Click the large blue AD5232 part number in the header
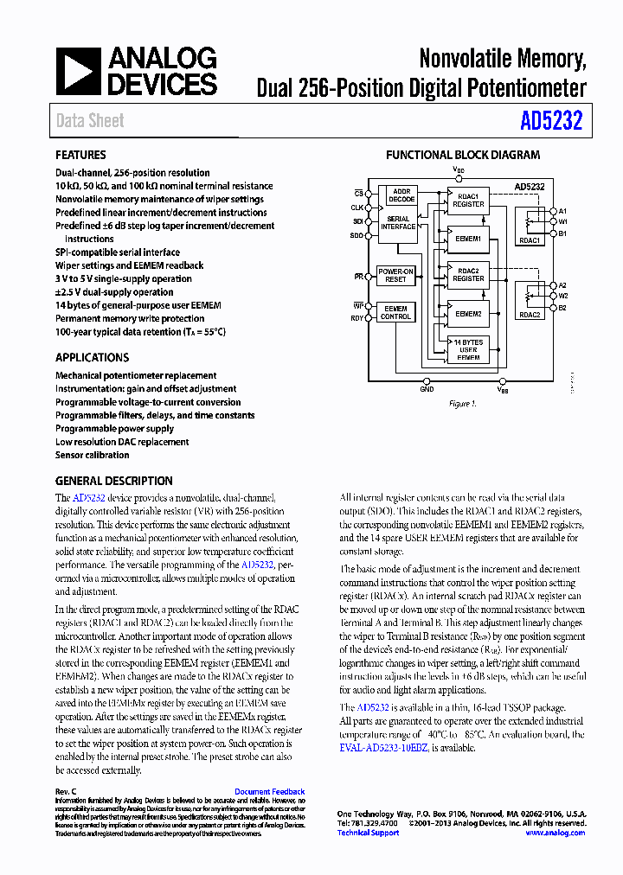[x=551, y=122]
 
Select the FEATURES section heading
[x=80, y=156]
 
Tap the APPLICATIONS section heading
[x=92, y=358]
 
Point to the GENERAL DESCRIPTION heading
[x=113, y=482]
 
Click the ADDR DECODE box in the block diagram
[x=401, y=195]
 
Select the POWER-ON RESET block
[x=395, y=276]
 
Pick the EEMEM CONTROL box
[x=395, y=312]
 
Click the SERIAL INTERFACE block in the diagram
[x=398, y=224]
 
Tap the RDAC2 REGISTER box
[x=468, y=275]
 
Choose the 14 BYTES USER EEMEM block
[x=468, y=349]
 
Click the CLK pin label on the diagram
[x=357, y=208]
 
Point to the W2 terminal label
[x=562, y=296]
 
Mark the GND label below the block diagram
[x=427, y=390]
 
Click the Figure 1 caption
[x=462, y=404]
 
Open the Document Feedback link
[x=269, y=791]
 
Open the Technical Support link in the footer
[x=368, y=833]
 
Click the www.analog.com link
[x=555, y=833]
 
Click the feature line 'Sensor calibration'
[x=92, y=455]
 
